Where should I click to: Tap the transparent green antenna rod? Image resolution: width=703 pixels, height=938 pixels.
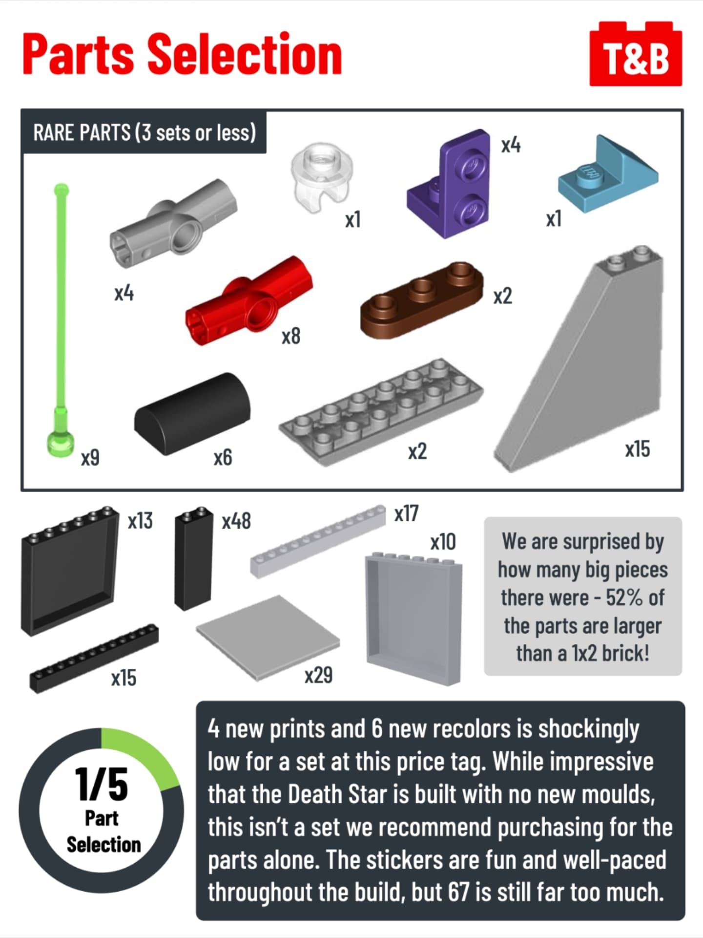[x=62, y=318]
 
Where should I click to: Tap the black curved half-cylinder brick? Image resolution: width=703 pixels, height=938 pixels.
[x=192, y=413]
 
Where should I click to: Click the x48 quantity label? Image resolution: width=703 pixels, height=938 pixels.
[x=236, y=521]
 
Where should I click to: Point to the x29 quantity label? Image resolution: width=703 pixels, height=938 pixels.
[x=318, y=675]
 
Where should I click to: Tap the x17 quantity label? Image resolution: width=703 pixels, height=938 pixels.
[x=406, y=513]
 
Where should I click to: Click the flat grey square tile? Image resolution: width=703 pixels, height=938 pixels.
[x=268, y=638]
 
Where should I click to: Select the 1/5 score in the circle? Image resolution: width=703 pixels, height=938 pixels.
[x=102, y=785]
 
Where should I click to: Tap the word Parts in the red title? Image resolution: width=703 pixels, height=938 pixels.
[x=78, y=55]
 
